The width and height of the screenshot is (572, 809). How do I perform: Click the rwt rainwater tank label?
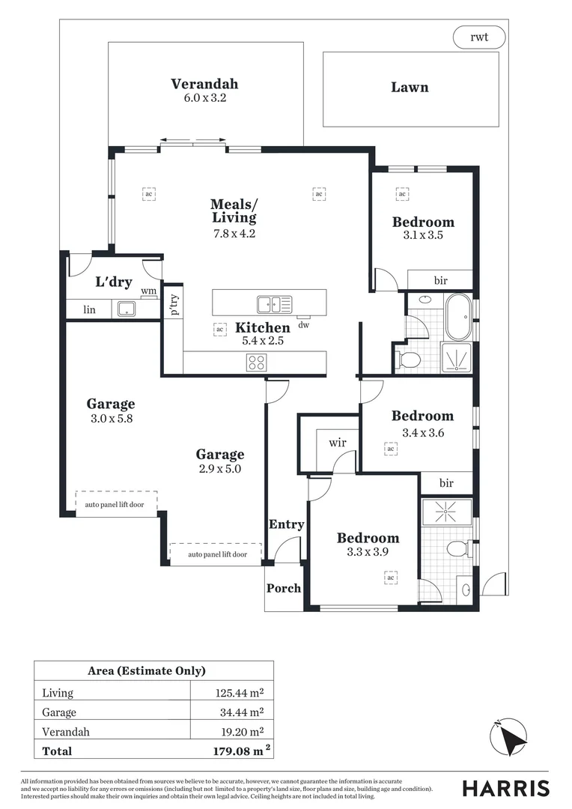point(479,37)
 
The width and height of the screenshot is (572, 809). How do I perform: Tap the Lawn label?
point(410,88)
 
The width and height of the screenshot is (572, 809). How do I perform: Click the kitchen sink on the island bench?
point(274,303)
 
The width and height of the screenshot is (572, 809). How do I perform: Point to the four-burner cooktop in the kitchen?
point(256,363)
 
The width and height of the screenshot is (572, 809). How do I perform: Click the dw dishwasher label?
point(303,325)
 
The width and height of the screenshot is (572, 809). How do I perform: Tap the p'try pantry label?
point(174,305)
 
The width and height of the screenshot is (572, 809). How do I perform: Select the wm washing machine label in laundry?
point(149,291)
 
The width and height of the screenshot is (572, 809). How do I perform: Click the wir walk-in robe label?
point(338,443)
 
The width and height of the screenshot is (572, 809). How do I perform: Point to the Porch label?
point(284,588)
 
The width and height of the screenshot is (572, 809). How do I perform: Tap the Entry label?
point(286,524)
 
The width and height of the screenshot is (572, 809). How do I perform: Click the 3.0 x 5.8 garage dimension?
point(110,419)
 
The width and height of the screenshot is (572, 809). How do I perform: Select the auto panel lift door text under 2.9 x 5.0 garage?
point(216,554)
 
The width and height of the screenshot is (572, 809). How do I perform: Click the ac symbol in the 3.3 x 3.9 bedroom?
point(390,578)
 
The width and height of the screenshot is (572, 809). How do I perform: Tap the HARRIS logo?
point(505,788)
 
